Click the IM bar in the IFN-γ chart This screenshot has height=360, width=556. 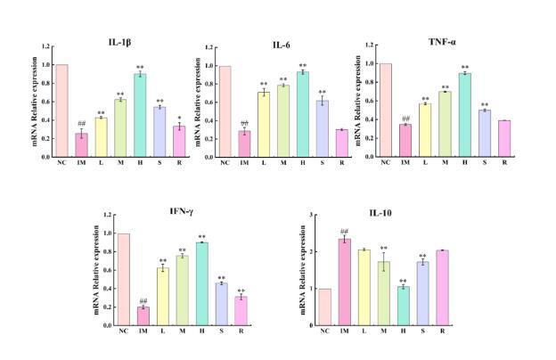pyautogui.click(x=143, y=316)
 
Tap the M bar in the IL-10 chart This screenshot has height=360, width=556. pyautogui.click(x=383, y=293)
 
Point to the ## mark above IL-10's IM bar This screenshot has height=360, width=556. pyautogui.click(x=344, y=231)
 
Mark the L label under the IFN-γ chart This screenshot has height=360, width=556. pyautogui.click(x=162, y=331)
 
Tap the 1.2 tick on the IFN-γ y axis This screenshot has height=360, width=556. pyautogui.click(x=107, y=215)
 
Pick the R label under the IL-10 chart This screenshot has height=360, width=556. pyautogui.click(x=443, y=331)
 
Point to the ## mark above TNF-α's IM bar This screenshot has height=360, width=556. pyautogui.click(x=405, y=119)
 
